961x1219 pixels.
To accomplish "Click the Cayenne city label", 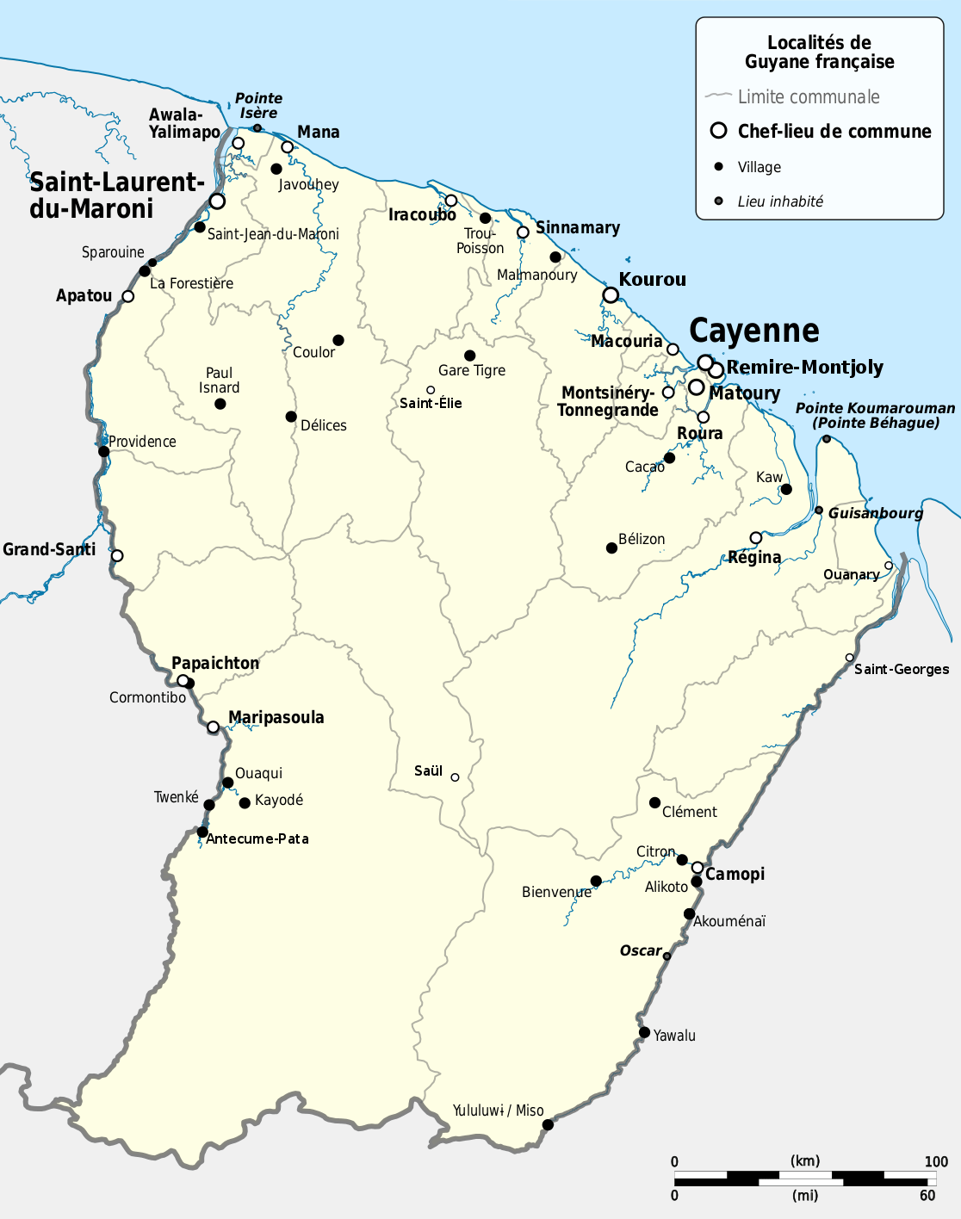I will point(753,331).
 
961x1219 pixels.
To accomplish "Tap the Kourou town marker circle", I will point(611,295).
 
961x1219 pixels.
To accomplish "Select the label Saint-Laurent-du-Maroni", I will point(116,195).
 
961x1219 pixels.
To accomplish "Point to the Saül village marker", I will point(455,777).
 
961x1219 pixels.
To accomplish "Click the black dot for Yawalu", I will point(644,1032).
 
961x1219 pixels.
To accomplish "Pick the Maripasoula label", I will point(276,718).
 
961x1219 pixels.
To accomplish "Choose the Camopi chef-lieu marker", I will point(697,868).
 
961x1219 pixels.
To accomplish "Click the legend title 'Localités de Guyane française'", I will point(819,52).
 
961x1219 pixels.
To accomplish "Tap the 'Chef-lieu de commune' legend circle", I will point(719,131).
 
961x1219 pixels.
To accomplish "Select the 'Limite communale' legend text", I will point(809,97).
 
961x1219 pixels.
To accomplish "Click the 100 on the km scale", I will point(936,1162).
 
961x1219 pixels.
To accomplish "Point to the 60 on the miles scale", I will point(927,1195).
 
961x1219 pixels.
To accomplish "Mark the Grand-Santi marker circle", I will point(117,555).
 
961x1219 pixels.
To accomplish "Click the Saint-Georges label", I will point(902,670).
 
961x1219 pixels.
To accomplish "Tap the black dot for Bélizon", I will point(611,548).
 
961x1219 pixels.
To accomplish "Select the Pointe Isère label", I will point(258,106).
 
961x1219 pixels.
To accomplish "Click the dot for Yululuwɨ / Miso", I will point(548,1124).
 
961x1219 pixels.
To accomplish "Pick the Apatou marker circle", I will point(128,296).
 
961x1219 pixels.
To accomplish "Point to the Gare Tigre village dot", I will point(469,356).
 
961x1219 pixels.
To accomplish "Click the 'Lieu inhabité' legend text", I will point(780,201).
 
